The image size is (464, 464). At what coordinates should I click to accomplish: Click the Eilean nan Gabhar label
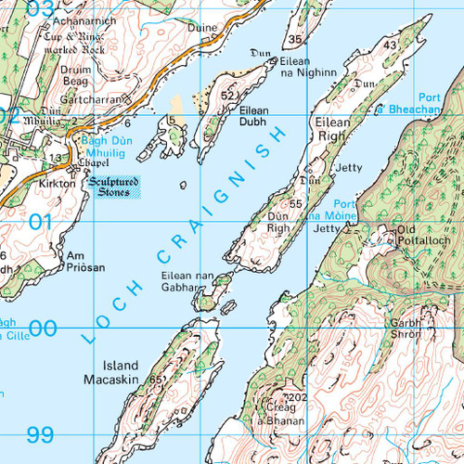[187, 282]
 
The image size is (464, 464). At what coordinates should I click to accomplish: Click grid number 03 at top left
[15, 9]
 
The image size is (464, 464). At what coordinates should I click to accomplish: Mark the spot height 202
[298, 398]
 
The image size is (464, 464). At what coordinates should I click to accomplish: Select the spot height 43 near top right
[390, 45]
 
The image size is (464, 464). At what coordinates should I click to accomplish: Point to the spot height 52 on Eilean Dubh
[226, 95]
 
